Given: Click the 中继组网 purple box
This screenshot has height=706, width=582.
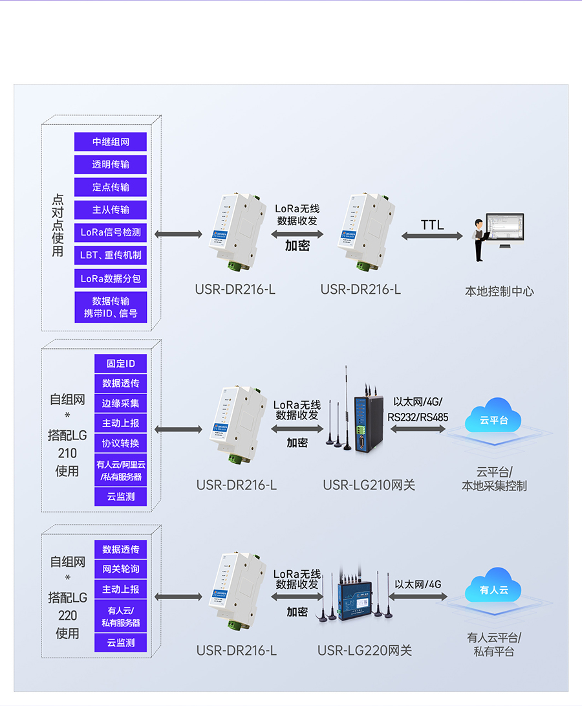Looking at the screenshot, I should click(x=111, y=142).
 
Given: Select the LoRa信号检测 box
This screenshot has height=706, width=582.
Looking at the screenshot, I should click(x=111, y=232).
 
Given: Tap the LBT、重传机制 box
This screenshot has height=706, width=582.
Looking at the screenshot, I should click(x=111, y=255).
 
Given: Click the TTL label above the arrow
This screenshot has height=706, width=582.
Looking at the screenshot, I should click(x=432, y=225).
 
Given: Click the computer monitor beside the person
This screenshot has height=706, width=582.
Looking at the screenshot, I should click(x=507, y=230).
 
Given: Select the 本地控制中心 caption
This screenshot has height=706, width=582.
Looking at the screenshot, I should click(x=499, y=291).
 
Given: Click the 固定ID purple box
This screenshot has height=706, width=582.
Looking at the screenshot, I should click(x=120, y=364).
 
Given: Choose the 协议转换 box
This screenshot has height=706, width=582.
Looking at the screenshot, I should click(x=120, y=443).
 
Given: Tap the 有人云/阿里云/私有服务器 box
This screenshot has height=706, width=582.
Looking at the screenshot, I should click(x=120, y=470).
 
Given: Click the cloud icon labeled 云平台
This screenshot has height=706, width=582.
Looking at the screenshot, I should click(x=493, y=418).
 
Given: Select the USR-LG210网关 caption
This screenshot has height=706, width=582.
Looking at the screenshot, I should click(x=369, y=485).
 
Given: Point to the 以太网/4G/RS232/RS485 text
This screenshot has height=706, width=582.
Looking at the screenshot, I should click(x=418, y=410).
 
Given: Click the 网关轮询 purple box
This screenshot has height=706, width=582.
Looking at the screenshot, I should click(x=120, y=569).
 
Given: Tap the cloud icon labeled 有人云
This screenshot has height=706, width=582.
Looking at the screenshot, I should click(x=493, y=588).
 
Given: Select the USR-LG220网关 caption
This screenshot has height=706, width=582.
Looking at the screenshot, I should click(x=364, y=650).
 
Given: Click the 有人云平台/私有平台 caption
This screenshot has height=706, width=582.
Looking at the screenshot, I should click(x=493, y=645).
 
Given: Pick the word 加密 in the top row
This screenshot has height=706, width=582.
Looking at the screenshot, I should click(x=297, y=245).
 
